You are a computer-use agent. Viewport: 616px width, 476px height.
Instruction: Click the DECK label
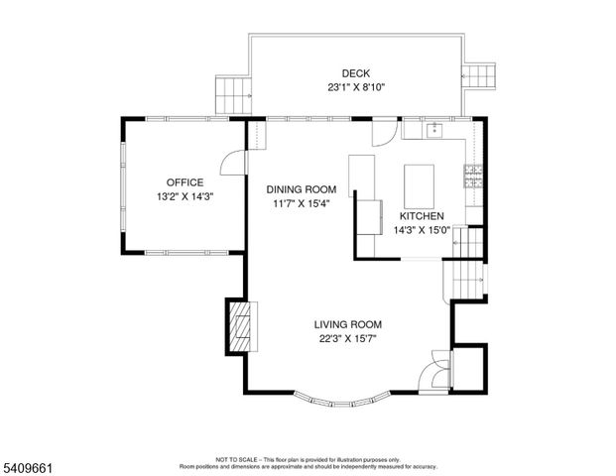355,73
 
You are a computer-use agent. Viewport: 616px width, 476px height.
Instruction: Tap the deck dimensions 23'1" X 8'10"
355,87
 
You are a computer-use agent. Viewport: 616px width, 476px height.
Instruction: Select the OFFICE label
185,182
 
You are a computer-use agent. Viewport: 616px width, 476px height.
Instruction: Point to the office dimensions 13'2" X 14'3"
185,196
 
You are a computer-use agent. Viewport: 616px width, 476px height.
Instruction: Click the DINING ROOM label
302,189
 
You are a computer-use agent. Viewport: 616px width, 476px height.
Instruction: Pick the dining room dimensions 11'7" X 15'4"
302,203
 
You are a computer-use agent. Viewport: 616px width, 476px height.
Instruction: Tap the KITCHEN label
422,216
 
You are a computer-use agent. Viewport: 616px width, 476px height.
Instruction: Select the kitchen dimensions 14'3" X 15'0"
422,230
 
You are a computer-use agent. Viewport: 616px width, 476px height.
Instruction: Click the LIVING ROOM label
348,324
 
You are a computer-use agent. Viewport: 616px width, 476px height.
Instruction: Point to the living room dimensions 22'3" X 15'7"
348,338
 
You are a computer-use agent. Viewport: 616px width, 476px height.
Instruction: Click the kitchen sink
433,130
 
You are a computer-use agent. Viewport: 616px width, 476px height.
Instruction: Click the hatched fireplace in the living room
239,326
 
